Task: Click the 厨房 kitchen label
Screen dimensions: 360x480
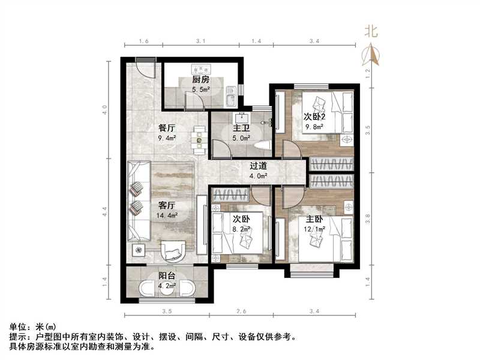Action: (x=200, y=80)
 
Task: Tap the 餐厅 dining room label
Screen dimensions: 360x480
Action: (x=167, y=128)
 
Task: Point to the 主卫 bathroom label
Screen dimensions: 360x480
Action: (x=241, y=128)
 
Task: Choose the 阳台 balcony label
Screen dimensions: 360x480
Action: (x=167, y=276)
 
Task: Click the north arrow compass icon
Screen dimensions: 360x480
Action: (x=373, y=55)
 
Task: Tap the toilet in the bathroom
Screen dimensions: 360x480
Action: (x=262, y=145)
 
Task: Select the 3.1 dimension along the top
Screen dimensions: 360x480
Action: (x=201, y=41)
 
